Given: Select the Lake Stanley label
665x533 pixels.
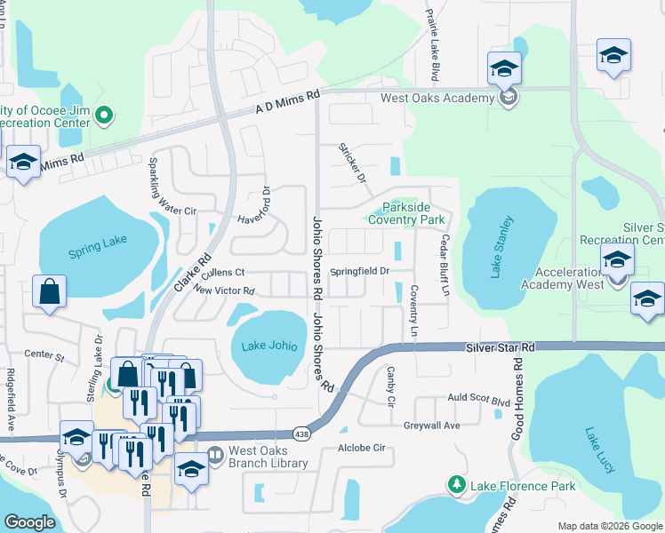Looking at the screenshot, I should (x=501, y=247).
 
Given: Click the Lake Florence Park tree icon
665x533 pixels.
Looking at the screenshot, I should (x=457, y=485).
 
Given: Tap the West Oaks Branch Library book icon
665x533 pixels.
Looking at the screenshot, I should (x=215, y=456).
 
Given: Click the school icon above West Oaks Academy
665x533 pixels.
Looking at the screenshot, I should (x=504, y=68).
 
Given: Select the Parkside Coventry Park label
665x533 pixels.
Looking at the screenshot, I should (x=406, y=212).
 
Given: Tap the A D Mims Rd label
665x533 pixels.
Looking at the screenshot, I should (x=286, y=104).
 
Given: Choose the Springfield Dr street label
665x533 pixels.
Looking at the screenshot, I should (x=360, y=271).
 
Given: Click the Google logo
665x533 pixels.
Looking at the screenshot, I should (x=29, y=523).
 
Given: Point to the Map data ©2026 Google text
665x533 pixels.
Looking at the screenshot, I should (x=610, y=526).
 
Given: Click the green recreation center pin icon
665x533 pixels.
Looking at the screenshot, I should (x=104, y=114).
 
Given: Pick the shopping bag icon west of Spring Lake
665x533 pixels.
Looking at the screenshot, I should (x=50, y=290).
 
